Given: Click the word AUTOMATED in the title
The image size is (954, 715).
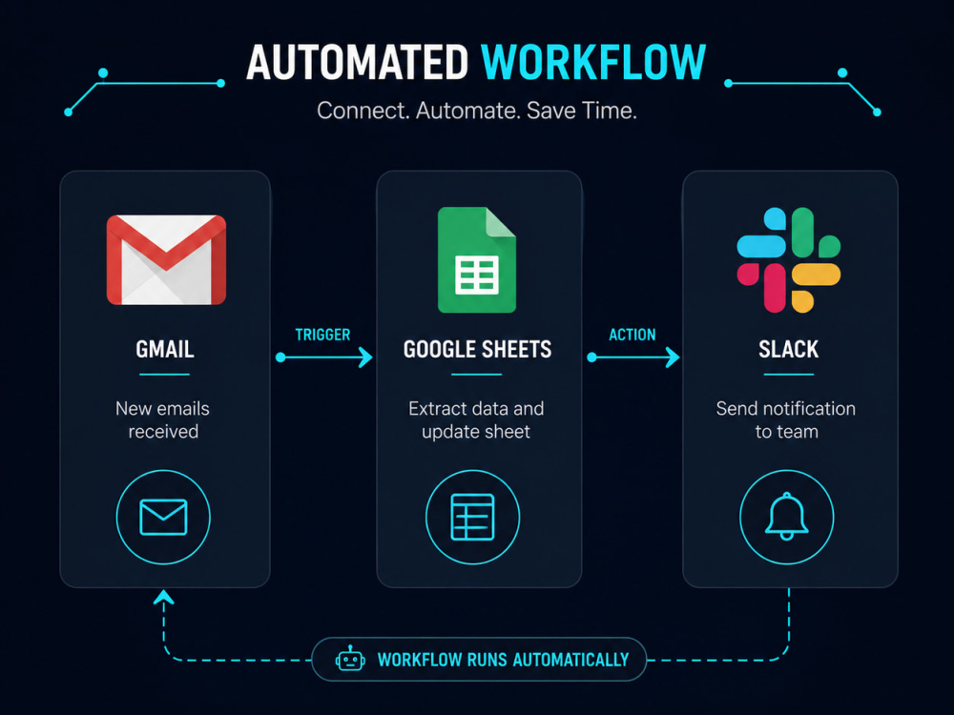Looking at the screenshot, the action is [357, 63].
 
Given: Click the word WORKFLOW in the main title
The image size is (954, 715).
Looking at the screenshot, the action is [593, 63].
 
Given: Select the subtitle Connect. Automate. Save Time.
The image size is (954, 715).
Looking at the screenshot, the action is [476, 111].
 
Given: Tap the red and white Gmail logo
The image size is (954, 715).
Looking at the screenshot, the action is [166, 259].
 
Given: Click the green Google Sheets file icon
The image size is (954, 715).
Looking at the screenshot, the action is [477, 259].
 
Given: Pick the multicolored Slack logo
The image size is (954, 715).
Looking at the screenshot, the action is [789, 259].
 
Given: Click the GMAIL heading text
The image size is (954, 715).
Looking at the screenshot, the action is [165, 349].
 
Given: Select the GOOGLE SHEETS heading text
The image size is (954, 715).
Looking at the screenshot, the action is [477, 349].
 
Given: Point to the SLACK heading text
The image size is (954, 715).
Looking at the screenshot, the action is [789, 349].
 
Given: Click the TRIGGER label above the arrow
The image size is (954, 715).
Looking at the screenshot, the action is [322, 335].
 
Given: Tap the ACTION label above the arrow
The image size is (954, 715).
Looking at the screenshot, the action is [633, 335].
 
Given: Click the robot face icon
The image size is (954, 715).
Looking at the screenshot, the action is [350, 659].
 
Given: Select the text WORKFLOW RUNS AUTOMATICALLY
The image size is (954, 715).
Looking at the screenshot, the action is [503, 660].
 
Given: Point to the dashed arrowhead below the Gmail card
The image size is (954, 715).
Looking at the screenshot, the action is [164, 599].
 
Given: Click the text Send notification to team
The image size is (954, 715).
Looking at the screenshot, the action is [786, 419].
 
